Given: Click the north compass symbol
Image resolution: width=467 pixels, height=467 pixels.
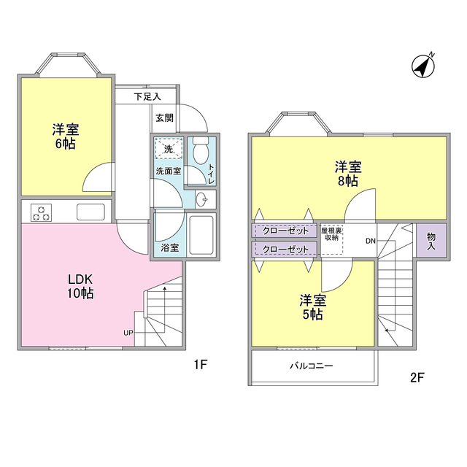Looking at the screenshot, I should [422, 66].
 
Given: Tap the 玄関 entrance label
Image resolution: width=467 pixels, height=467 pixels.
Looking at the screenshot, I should [164, 117].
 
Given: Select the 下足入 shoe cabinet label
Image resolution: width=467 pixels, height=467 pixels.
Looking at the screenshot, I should [146, 96].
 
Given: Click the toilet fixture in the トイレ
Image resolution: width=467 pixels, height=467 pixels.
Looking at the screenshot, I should [200, 152].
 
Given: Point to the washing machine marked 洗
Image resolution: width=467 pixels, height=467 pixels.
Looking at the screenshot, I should [169, 150].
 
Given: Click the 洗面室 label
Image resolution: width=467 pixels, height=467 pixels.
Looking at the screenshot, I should [167, 171].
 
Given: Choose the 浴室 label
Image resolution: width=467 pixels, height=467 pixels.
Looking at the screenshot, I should [169, 248].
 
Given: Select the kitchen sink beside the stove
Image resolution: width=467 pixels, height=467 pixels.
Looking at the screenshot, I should [92, 212].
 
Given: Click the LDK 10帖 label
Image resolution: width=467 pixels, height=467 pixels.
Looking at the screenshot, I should [80, 287].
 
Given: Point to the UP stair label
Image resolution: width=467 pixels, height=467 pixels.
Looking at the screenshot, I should [128, 333].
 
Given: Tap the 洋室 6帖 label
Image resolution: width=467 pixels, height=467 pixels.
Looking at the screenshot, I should [66, 136].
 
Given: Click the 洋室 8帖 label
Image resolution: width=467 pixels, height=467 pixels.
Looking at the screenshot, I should [347, 173].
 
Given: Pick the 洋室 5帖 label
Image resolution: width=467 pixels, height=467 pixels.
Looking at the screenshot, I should [312, 307].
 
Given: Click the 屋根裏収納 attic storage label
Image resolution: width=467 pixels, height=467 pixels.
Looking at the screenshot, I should [332, 233].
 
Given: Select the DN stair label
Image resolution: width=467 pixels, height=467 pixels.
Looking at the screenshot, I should [371, 241].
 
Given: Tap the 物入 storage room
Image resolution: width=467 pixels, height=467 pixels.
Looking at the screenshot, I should [431, 241].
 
